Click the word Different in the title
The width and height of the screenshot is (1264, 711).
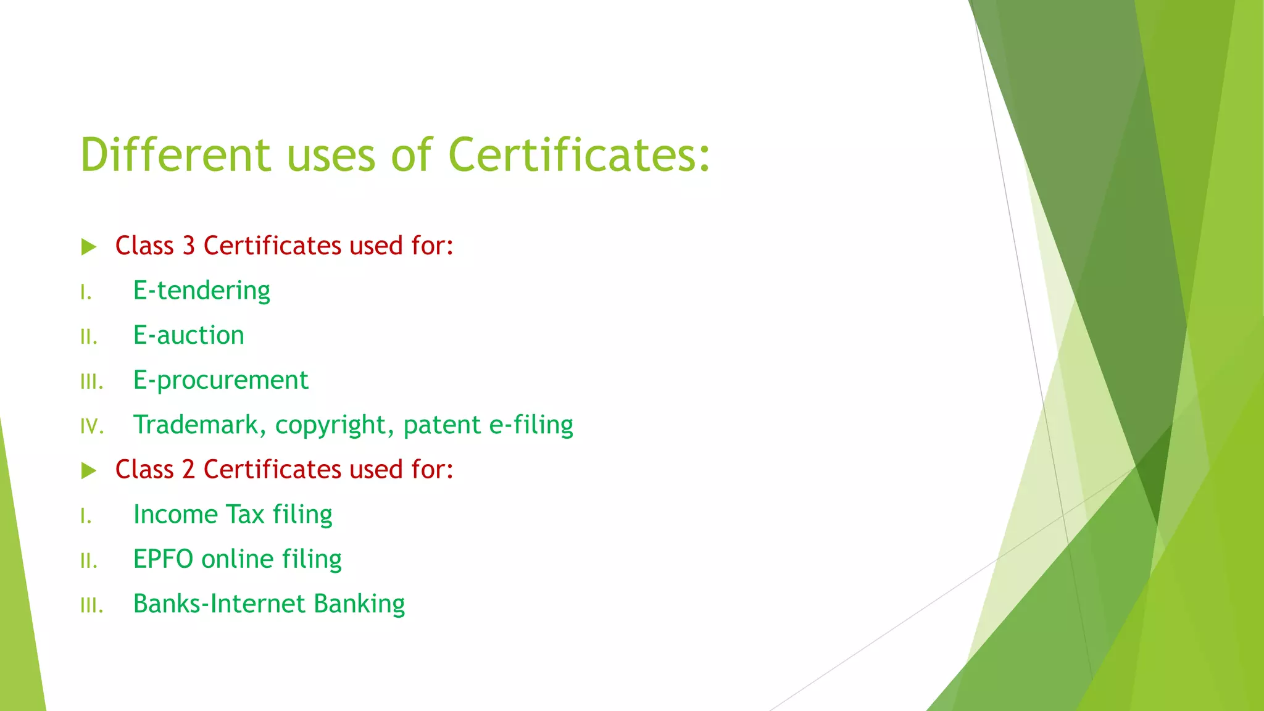[x=175, y=154]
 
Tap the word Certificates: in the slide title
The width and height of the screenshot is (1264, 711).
[x=580, y=154]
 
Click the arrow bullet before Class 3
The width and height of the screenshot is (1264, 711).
[x=89, y=247]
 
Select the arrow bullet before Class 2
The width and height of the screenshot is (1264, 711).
[x=89, y=471]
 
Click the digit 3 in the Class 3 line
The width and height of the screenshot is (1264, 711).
[x=189, y=246]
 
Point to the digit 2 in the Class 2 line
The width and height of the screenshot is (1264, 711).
[x=189, y=470]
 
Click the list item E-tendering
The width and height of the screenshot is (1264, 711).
[x=202, y=291]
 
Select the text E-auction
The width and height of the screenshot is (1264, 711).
[x=189, y=335]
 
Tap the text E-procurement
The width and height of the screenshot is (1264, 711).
[x=220, y=380]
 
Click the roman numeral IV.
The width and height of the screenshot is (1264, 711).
[x=92, y=426]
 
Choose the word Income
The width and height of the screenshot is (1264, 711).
[x=175, y=515]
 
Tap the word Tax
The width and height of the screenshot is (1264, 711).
[x=245, y=515]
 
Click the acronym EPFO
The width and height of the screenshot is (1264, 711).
[x=164, y=559]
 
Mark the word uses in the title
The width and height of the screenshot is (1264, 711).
[x=331, y=154]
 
